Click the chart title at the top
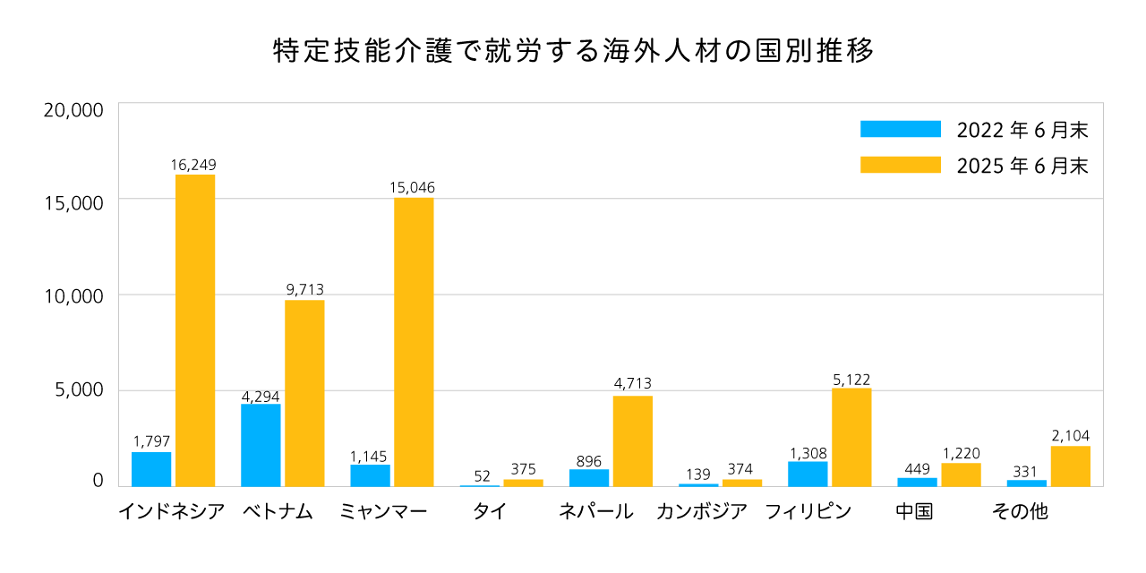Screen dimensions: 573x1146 (x=573, y=51)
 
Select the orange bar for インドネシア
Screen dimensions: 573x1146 (x=194, y=330)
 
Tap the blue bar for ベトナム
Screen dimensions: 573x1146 (x=261, y=445)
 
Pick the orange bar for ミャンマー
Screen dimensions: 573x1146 (x=414, y=342)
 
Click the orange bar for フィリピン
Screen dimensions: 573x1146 (x=851, y=437)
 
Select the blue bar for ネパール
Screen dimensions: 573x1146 (x=589, y=477)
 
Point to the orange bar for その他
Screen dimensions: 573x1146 (x=1070, y=466)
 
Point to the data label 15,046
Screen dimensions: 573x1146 (x=413, y=188)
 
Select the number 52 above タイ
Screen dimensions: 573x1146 (x=483, y=476)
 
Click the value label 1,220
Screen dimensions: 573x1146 (x=961, y=453)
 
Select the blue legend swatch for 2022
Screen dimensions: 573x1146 (x=900, y=129)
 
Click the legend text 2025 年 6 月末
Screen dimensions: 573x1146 (x=1022, y=167)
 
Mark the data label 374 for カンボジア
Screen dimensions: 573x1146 (x=742, y=469)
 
